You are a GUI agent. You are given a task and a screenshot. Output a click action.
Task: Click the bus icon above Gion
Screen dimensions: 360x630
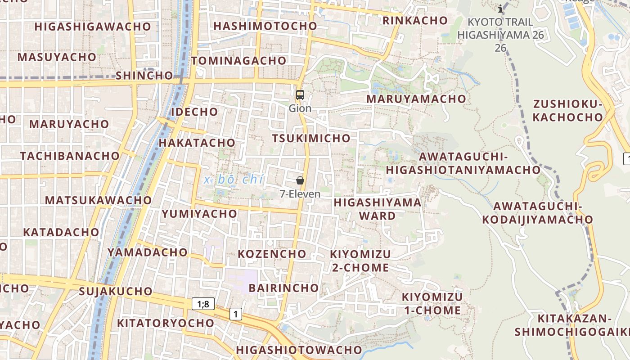[x=300, y=95]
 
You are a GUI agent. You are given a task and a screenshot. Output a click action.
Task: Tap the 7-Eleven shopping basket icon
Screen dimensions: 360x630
[x=300, y=180]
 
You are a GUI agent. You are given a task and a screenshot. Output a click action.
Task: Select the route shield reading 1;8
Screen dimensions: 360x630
[x=203, y=304]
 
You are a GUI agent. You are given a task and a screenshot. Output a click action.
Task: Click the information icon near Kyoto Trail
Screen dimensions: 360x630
[x=500, y=9]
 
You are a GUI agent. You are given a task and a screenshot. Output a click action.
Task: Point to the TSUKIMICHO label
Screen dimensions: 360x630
[x=311, y=138]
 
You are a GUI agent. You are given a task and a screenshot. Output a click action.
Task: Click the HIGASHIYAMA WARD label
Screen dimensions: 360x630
[x=378, y=209]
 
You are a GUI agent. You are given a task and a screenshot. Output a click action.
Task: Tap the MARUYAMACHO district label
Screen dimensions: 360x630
[x=416, y=99]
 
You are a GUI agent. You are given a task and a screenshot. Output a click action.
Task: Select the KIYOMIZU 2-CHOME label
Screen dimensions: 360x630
[x=360, y=261]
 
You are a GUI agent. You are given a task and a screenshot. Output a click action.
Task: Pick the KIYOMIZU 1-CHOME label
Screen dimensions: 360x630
[x=432, y=304]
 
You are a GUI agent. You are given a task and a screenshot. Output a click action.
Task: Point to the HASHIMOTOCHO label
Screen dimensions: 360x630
[x=265, y=26]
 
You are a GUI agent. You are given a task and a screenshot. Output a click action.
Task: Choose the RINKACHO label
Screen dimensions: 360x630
[x=415, y=20]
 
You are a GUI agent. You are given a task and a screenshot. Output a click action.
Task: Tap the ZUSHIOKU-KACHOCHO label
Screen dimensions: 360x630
[x=567, y=111]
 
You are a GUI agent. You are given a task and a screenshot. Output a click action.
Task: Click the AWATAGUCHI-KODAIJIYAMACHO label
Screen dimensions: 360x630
[x=538, y=213]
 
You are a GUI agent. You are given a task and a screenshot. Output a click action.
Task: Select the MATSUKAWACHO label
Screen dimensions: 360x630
[x=99, y=200]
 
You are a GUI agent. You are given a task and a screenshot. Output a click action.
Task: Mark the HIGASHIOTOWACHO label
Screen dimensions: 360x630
[x=299, y=350]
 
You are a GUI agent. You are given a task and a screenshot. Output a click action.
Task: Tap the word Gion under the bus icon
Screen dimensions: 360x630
[x=300, y=108]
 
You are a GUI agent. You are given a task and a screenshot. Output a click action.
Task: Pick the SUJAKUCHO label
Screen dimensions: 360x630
[x=116, y=291]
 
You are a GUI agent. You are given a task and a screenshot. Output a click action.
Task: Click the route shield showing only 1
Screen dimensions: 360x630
[x=236, y=314]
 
